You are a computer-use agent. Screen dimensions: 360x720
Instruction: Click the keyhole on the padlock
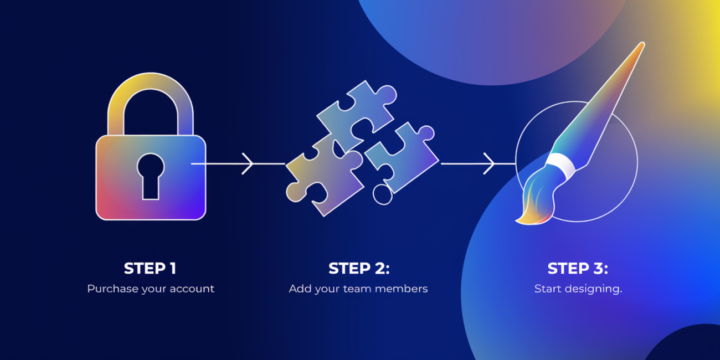pyautogui.click(x=151, y=174)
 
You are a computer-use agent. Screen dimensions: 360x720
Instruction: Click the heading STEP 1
pyautogui.click(x=150, y=269)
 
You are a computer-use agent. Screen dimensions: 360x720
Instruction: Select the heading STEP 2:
pyautogui.click(x=359, y=269)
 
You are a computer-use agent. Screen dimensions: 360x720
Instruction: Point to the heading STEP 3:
pyautogui.click(x=578, y=269)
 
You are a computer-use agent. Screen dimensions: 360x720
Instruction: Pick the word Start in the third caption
pyautogui.click(x=547, y=289)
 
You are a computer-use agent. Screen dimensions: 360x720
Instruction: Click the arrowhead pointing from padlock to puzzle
pyautogui.click(x=249, y=164)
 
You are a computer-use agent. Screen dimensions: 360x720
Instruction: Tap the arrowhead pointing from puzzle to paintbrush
pyautogui.click(x=490, y=164)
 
